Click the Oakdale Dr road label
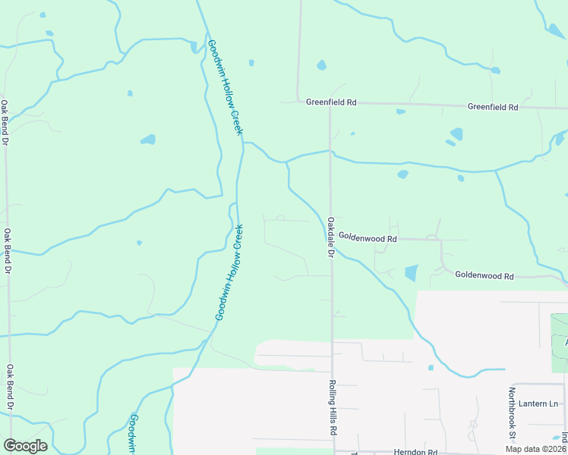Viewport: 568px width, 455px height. [x=331, y=237]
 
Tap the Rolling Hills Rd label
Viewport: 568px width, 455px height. [x=333, y=406]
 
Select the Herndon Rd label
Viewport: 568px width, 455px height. [x=415, y=452]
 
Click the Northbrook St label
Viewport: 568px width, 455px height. [x=513, y=414]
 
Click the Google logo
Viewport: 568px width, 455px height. [x=25, y=446]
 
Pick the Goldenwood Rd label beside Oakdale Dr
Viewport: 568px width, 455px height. [x=368, y=238]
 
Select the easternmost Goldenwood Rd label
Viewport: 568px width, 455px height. [x=484, y=276]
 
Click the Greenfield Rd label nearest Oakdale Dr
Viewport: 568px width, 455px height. [x=331, y=102]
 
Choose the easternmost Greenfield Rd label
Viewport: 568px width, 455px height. [x=493, y=107]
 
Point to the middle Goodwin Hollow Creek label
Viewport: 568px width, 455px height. [x=230, y=271]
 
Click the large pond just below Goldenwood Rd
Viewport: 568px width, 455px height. [x=411, y=273]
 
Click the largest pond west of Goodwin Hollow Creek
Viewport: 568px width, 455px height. [x=148, y=140]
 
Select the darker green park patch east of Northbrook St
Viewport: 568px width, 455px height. [x=560, y=342]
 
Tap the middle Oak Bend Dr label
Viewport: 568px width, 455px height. [x=8, y=252]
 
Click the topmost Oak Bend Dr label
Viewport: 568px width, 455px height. [x=5, y=123]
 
